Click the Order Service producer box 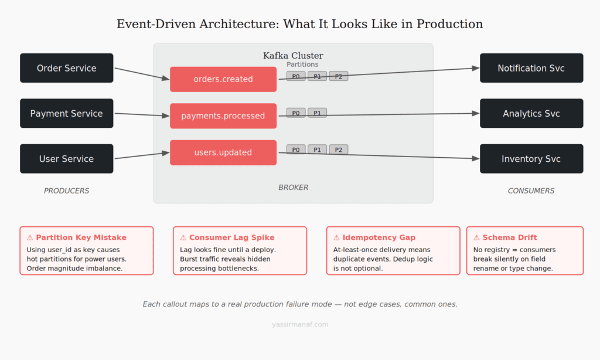[66, 68]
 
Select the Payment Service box [66, 113]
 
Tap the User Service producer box [66, 159]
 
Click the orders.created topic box [223, 79]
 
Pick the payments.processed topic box [223, 116]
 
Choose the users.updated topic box [223, 152]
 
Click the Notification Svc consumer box [531, 68]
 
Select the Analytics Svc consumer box [531, 113]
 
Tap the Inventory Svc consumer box [531, 159]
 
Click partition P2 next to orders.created [338, 76]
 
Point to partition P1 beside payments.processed [317, 113]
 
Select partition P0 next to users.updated [296, 150]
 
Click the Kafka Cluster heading [293, 56]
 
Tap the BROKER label [293, 188]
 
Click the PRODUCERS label [66, 191]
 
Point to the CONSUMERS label [531, 191]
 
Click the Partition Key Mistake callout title [81, 237]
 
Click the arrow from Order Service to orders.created [141, 73]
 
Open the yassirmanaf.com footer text [300, 324]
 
